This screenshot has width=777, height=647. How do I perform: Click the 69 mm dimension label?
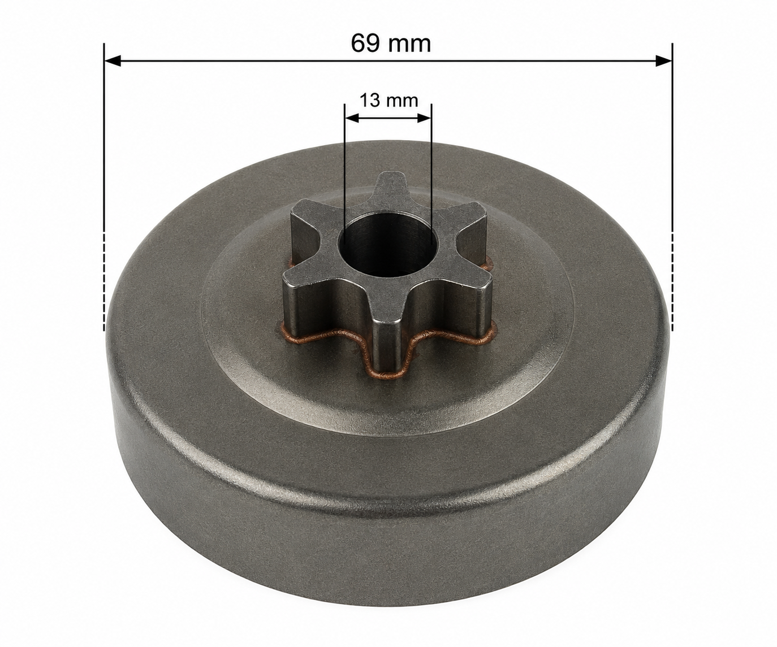click(391, 44)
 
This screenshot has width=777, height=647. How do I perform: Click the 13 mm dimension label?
click(389, 101)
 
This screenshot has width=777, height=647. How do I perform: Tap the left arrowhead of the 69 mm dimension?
click(113, 61)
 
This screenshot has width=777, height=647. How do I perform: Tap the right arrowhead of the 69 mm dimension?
click(663, 61)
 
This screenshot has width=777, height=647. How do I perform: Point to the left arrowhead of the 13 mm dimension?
click(352, 119)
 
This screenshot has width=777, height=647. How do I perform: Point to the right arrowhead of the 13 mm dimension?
click(425, 119)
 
